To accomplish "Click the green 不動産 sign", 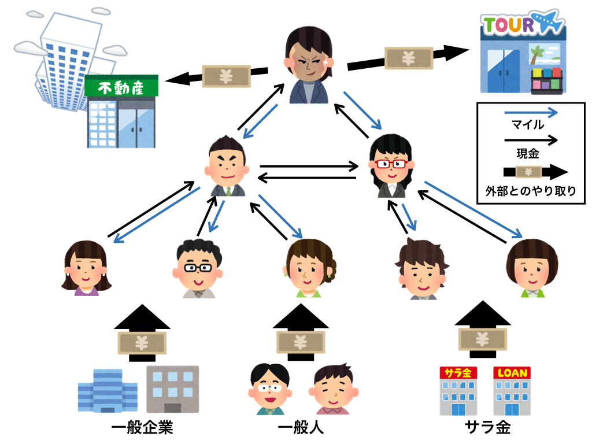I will pos(121,87).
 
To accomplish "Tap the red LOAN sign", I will pos(512,373).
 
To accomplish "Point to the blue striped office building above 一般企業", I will pos(108,390).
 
